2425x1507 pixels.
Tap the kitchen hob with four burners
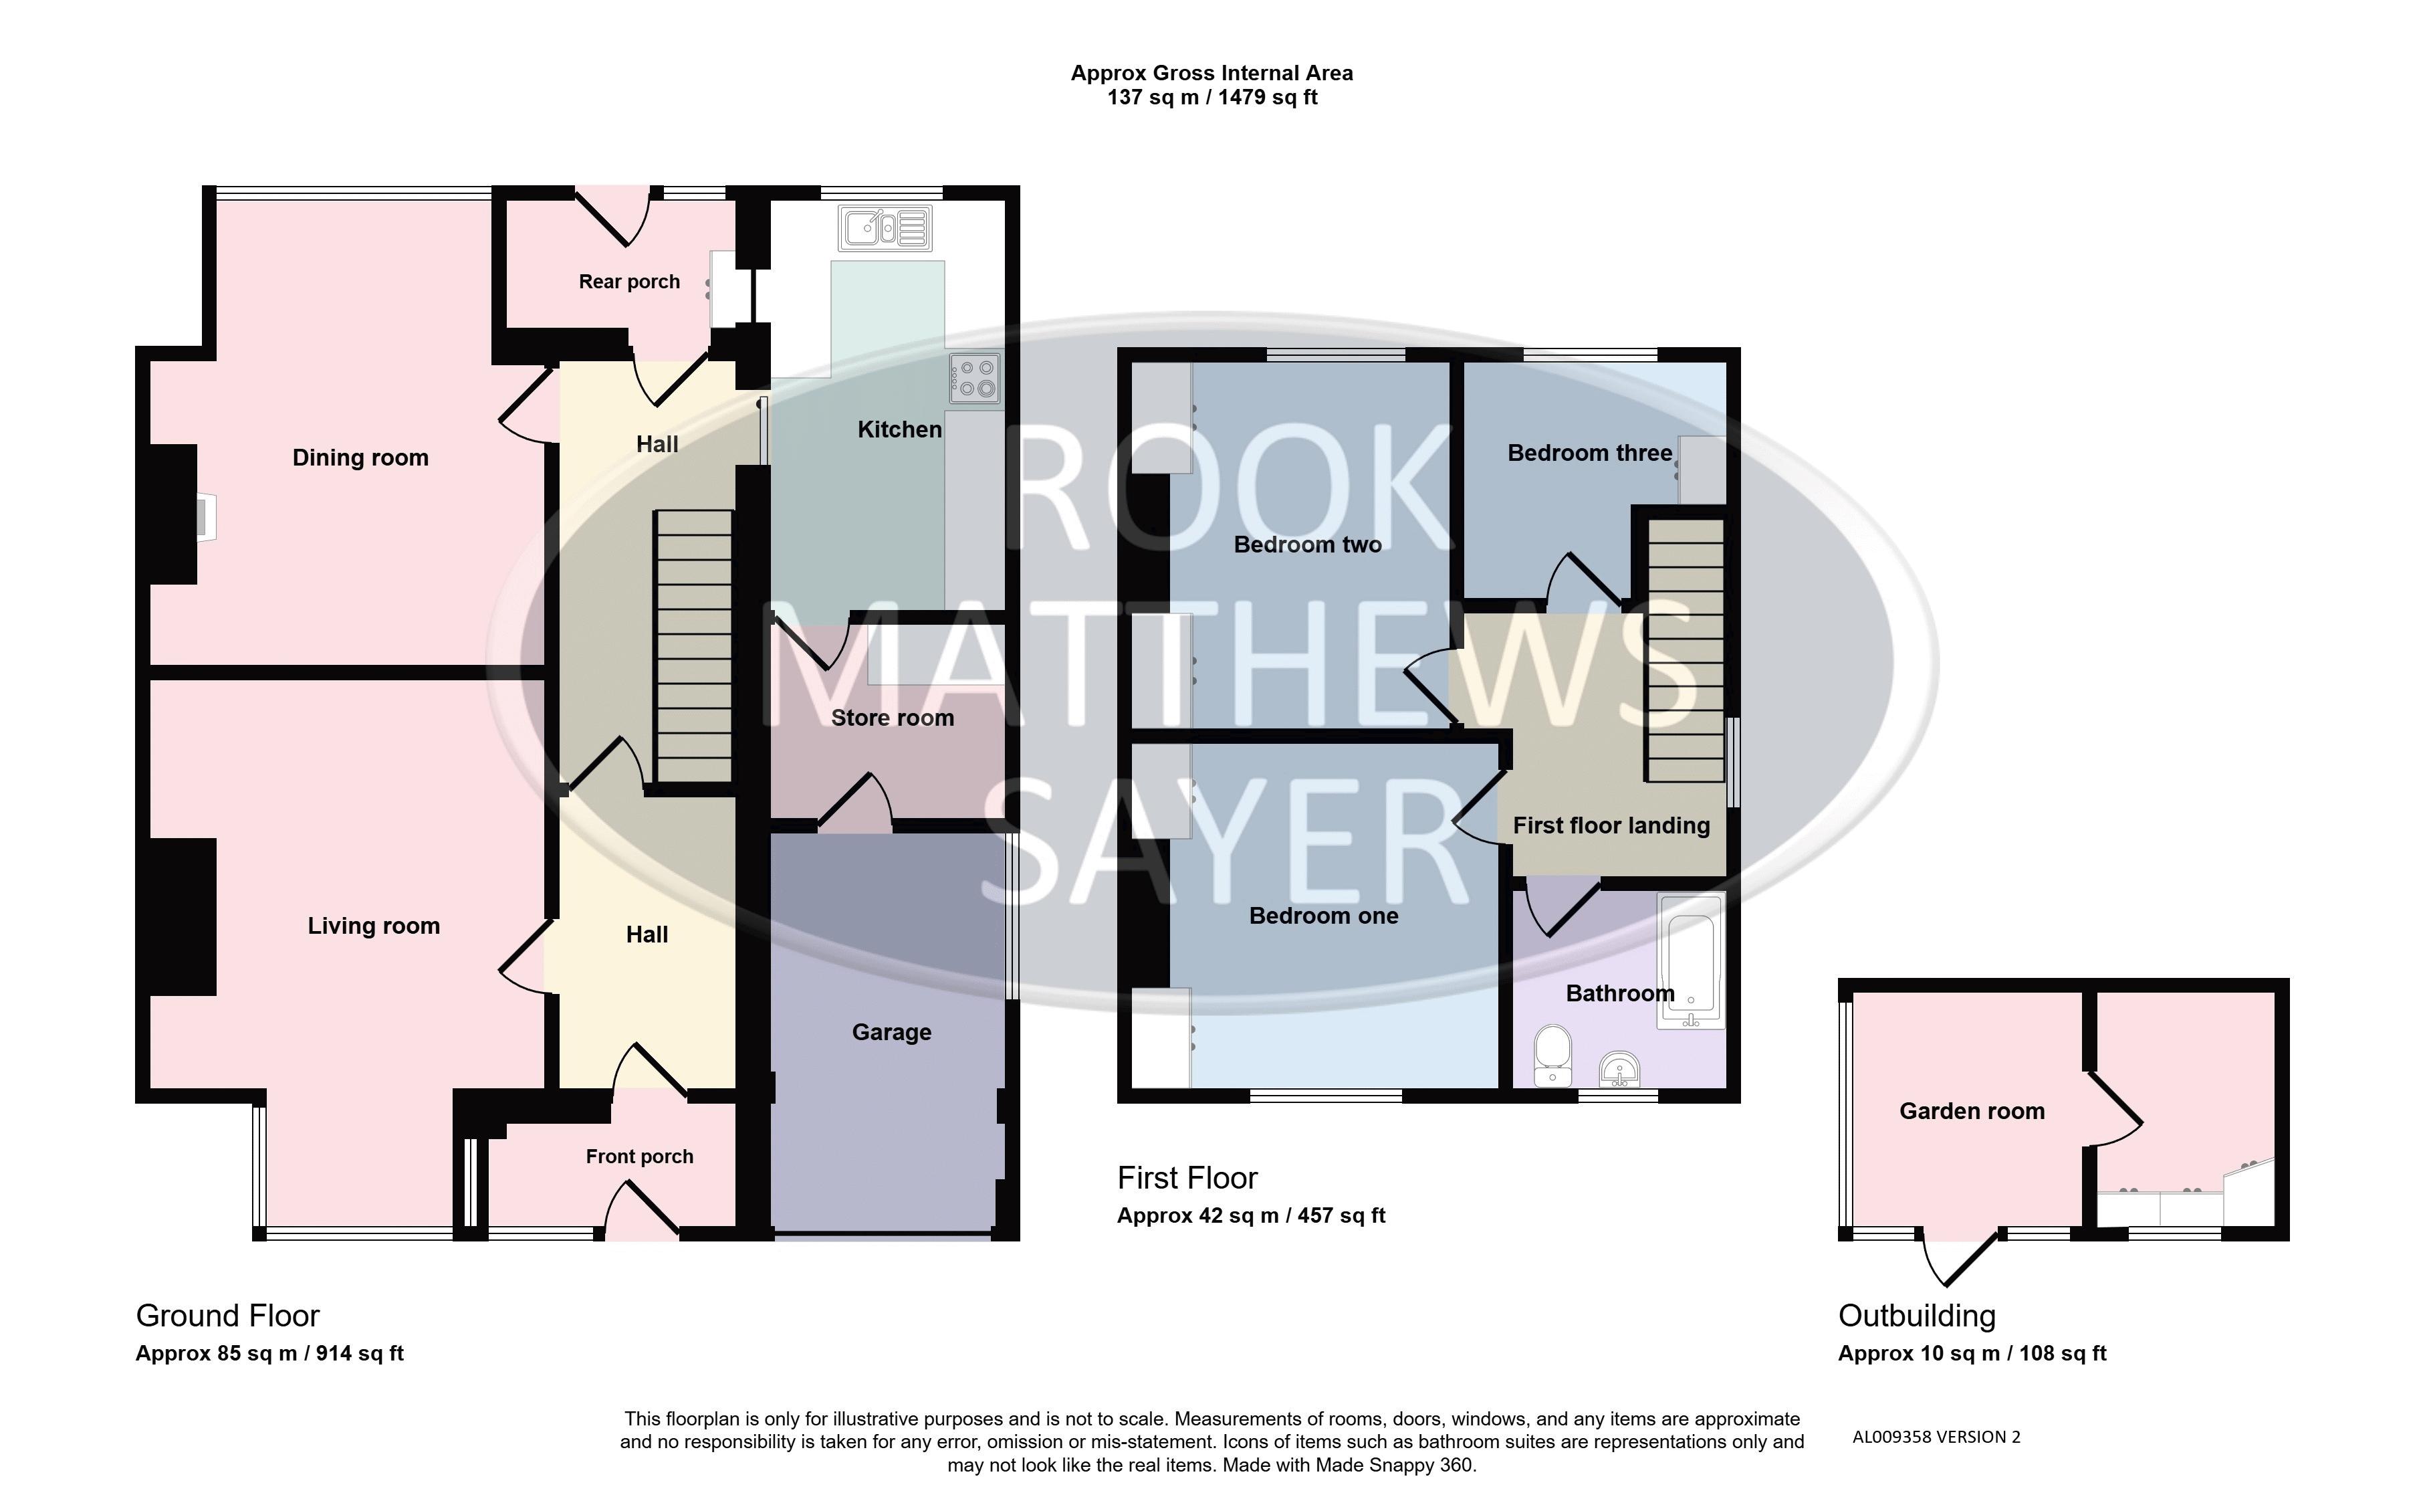click(x=974, y=379)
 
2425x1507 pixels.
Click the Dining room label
click(x=360, y=458)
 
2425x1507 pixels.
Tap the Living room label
click(x=374, y=926)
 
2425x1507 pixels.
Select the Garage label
click(x=892, y=1033)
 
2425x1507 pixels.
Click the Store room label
click(x=893, y=718)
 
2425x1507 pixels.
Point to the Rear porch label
click(x=630, y=282)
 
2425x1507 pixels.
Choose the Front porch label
click(x=640, y=1156)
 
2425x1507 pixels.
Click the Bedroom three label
click(x=1590, y=454)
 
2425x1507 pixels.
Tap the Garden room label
click(x=1972, y=1111)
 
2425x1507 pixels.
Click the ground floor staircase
click(x=693, y=647)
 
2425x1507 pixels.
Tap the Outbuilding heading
click(x=1917, y=1316)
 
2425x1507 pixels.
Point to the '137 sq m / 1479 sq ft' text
click(x=1213, y=98)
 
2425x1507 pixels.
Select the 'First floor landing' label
click(x=1611, y=825)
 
